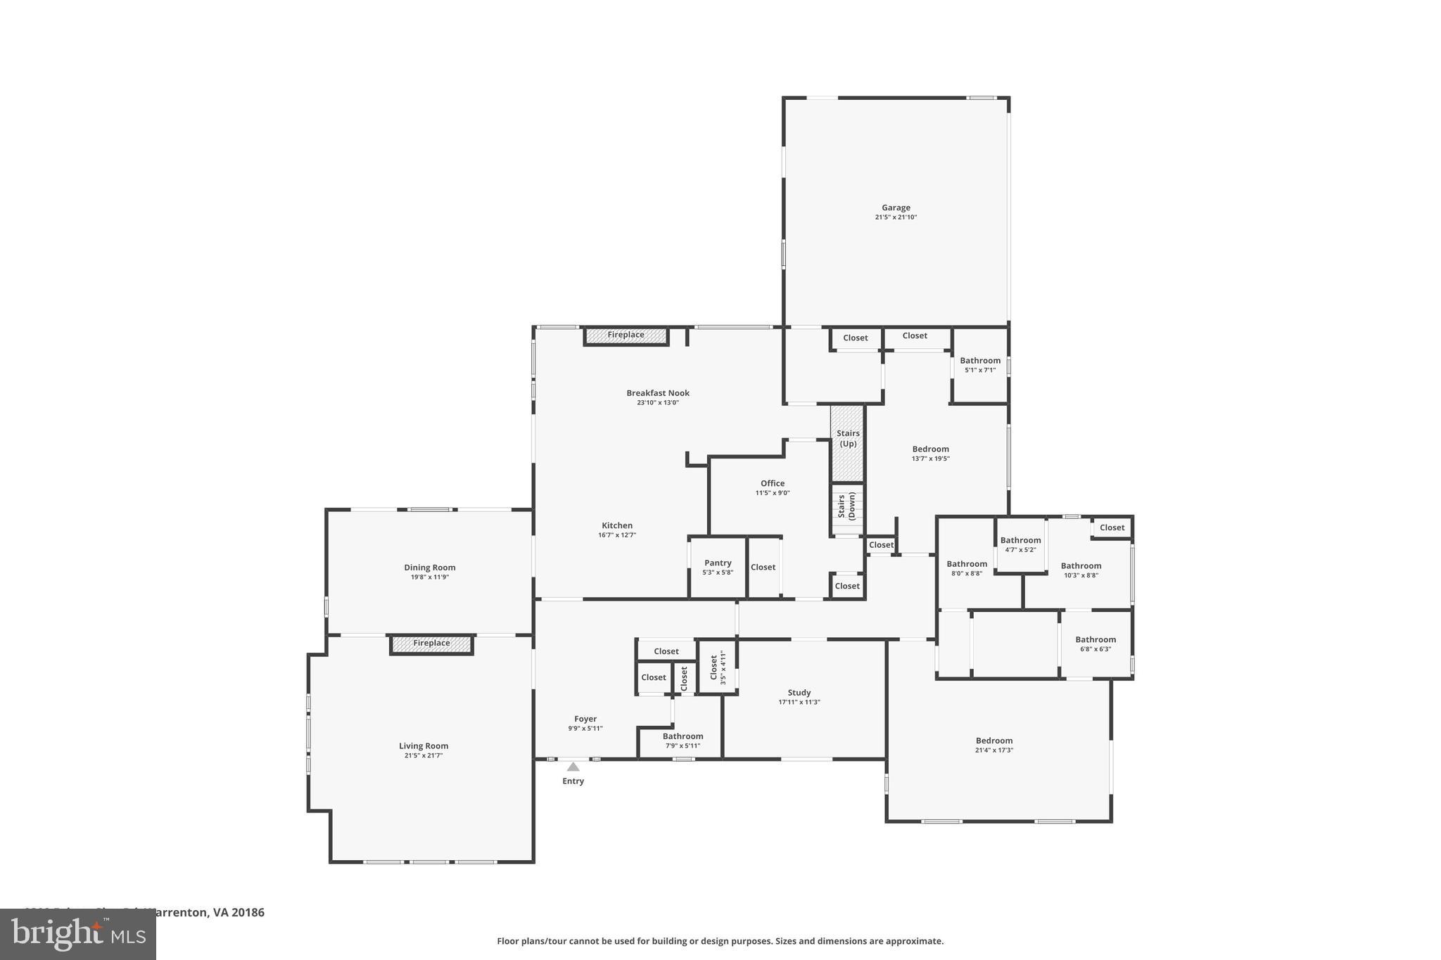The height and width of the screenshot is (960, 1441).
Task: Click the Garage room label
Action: point(896,208)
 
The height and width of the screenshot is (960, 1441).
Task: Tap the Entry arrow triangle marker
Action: point(573,767)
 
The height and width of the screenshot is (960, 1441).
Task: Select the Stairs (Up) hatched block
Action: point(847,442)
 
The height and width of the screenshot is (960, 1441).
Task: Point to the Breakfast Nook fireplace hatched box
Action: point(626,335)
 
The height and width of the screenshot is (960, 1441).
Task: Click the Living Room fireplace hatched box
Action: point(431,644)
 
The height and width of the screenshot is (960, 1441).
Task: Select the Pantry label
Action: point(718,563)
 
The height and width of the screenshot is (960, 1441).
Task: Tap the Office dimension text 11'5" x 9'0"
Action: point(772,493)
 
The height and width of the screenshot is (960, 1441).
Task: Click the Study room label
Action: point(799,693)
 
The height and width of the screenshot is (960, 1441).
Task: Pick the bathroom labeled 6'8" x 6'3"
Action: point(1095,644)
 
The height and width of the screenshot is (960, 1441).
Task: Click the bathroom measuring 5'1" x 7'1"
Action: point(979,365)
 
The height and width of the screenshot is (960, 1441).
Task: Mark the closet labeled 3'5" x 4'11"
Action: point(717,667)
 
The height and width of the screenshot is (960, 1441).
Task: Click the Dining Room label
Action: point(429,568)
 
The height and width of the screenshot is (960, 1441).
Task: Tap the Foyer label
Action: point(585,719)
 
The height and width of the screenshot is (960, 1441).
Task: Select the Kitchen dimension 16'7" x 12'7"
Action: point(616,535)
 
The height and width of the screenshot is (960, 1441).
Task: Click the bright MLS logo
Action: point(77,935)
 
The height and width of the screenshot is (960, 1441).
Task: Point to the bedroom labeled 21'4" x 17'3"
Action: point(994,745)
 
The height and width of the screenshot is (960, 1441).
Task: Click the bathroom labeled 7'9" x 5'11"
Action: point(682,741)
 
